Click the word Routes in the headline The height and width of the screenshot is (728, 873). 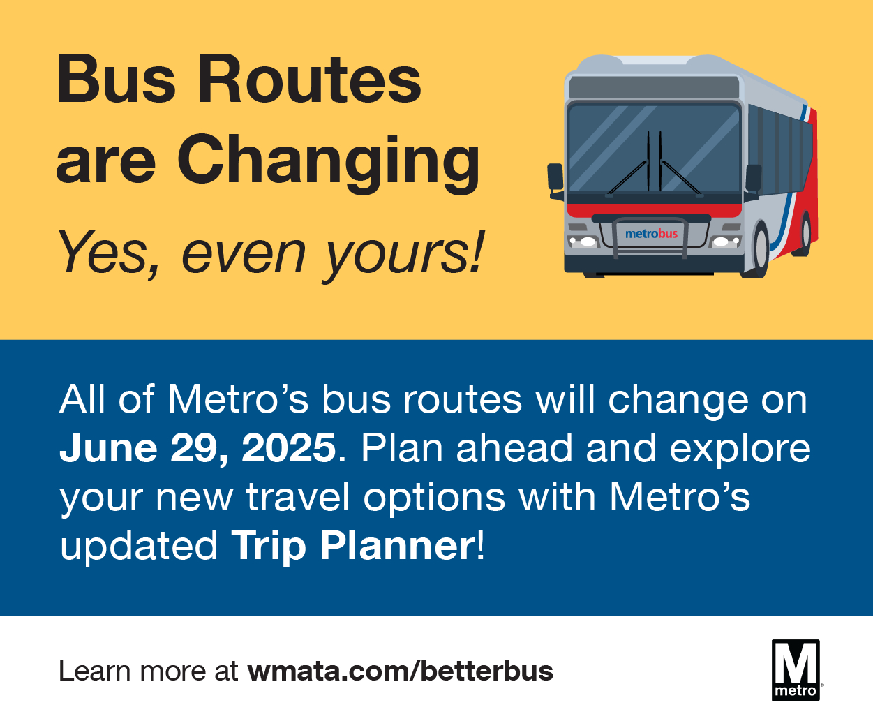[x=309, y=79]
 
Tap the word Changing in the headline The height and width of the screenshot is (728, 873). [x=329, y=163]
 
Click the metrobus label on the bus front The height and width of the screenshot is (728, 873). [x=651, y=234]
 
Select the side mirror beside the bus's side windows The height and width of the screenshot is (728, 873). [x=753, y=179]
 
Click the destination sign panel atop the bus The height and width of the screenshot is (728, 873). [x=654, y=87]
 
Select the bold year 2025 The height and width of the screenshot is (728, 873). [x=289, y=448]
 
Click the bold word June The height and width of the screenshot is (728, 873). [x=108, y=448]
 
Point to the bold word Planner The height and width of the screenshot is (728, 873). [x=397, y=546]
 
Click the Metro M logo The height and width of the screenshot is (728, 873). [x=796, y=671]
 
